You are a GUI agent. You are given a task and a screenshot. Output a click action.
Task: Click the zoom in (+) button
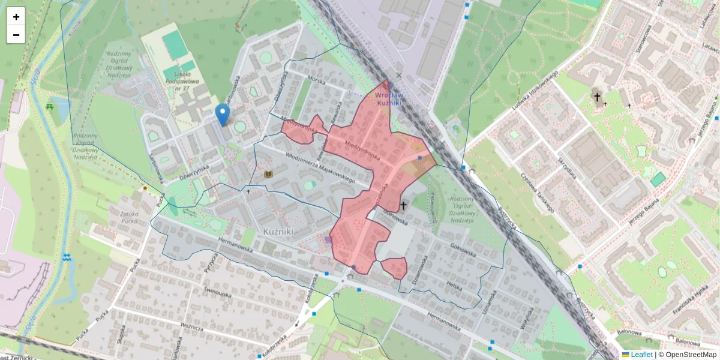[16, 17]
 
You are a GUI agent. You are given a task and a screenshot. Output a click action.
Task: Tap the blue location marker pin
[223, 115]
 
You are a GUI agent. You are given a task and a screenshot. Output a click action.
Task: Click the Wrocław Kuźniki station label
[389, 99]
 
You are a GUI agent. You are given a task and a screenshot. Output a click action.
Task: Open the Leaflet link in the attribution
[641, 355]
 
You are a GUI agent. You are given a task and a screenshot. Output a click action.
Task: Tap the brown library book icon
[269, 175]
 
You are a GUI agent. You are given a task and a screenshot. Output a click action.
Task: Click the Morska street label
[316, 80]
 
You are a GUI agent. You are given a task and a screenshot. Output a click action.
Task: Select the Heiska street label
[454, 285]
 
